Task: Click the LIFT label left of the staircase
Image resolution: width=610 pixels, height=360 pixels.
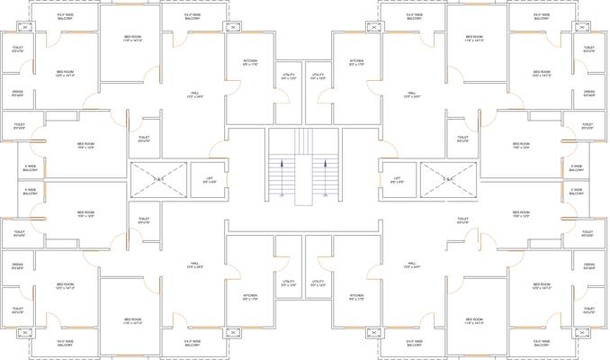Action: point(209,179)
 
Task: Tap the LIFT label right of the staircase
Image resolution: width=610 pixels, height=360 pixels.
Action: point(397,179)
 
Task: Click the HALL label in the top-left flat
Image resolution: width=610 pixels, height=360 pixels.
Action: point(194,94)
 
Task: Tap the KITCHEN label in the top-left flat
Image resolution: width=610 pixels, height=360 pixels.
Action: point(250,62)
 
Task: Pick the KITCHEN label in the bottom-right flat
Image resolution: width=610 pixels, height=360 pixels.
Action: point(356,297)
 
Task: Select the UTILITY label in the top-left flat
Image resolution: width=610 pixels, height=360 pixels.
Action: point(288,76)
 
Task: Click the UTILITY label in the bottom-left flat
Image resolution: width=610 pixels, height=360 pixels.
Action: point(288,283)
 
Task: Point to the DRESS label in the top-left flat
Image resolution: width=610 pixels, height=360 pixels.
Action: point(18,92)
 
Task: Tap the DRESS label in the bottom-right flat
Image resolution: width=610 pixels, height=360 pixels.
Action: point(589,267)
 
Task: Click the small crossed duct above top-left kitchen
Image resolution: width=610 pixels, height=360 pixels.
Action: point(231,26)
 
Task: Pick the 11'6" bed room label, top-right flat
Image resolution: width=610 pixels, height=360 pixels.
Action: point(474,39)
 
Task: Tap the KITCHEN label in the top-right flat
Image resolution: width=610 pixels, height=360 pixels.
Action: point(356,62)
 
